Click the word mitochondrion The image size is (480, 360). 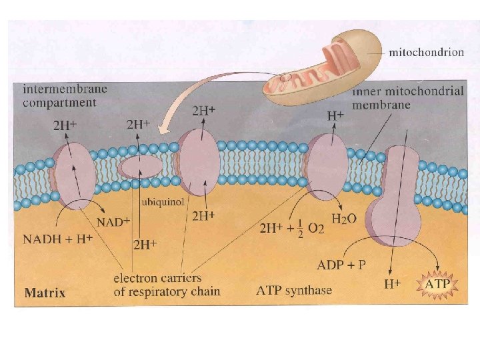point(427,53)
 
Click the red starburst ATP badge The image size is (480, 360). point(437,285)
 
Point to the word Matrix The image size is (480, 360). point(45,293)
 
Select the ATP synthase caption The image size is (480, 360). point(293,290)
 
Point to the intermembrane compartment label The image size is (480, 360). point(65,95)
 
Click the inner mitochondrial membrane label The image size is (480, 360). point(407,98)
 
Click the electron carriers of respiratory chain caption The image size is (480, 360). point(167,285)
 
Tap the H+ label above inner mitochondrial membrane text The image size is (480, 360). point(335,115)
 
